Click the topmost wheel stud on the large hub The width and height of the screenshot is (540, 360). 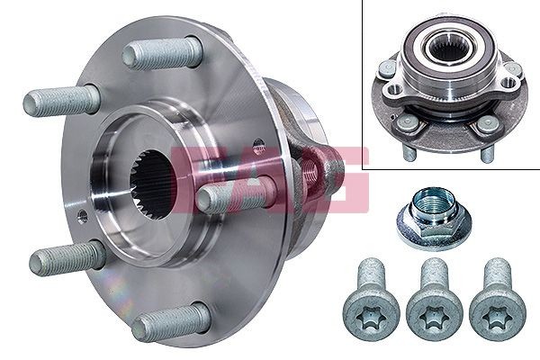click(x=162, y=54)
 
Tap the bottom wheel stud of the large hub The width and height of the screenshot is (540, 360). click(x=170, y=322)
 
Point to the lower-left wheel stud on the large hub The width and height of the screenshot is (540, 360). click(x=67, y=260)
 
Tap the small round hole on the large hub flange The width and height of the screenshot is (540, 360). click(x=82, y=216)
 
